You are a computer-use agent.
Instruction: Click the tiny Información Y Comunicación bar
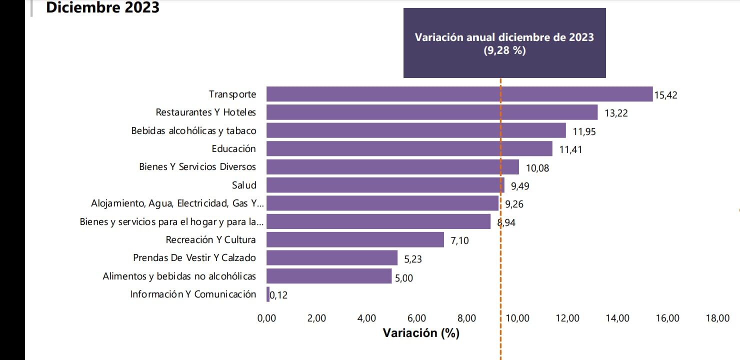coord(268,294)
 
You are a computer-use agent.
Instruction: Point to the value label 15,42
coord(665,95)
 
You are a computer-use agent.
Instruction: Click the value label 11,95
coord(584,131)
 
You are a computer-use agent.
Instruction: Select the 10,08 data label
coord(537,168)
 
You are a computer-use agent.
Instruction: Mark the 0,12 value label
coord(279,295)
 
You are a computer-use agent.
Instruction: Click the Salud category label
coord(244,185)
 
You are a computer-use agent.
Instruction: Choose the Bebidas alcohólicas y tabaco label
coord(193,130)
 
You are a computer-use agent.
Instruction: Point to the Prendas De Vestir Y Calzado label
coord(194,258)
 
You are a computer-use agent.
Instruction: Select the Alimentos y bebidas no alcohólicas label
coord(179,276)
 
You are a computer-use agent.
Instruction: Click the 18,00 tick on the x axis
coord(717,318)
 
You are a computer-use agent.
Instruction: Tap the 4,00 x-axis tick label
coord(367,318)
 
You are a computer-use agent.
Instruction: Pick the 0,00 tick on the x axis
coord(266,318)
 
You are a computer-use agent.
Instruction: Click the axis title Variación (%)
coord(420,333)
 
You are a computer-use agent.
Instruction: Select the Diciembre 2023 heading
coord(102,7)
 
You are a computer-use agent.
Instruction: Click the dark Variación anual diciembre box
coord(504,43)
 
